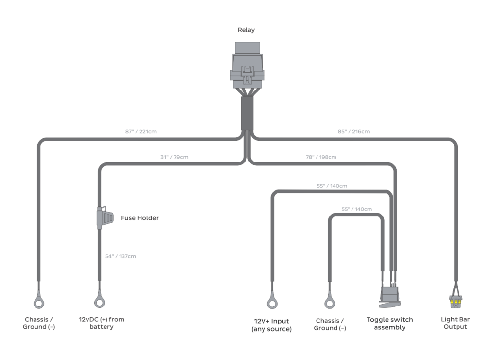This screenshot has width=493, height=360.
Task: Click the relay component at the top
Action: (248, 68)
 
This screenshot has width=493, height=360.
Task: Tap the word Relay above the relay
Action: (246, 30)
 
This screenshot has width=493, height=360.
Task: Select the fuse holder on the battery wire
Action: (103, 216)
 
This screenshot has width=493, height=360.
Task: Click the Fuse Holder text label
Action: (140, 218)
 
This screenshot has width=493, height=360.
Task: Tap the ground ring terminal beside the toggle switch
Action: (330, 303)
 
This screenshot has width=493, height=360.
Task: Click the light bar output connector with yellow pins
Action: (456, 302)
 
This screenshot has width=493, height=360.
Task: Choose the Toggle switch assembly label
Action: (389, 324)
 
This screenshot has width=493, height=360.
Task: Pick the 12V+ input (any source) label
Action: (271, 324)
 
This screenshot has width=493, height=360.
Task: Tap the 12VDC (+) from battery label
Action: (101, 324)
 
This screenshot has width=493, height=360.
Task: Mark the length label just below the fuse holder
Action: (121, 256)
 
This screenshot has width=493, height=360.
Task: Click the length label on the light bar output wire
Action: (353, 131)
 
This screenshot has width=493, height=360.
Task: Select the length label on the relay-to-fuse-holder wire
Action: (174, 157)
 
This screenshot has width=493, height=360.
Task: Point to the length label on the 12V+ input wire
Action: (332, 186)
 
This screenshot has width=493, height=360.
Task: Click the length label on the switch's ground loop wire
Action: (356, 209)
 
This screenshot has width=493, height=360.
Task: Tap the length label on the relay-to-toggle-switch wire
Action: (320, 157)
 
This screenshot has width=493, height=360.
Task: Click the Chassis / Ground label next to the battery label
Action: (39, 324)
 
